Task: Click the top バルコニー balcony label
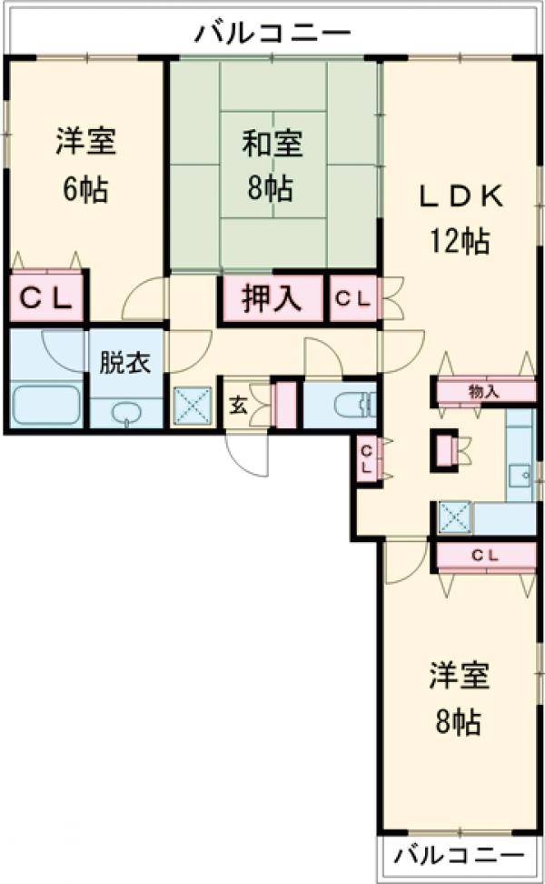tap(273, 34)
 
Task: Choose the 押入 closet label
tap(271, 299)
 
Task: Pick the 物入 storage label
tap(483, 392)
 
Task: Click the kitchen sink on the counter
tap(520, 475)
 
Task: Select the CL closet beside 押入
tap(353, 299)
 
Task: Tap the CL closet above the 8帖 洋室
tap(483, 555)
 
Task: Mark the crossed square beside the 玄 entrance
tap(193, 406)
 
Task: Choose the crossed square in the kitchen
tap(454, 517)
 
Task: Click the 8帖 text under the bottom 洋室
tap(460, 723)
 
